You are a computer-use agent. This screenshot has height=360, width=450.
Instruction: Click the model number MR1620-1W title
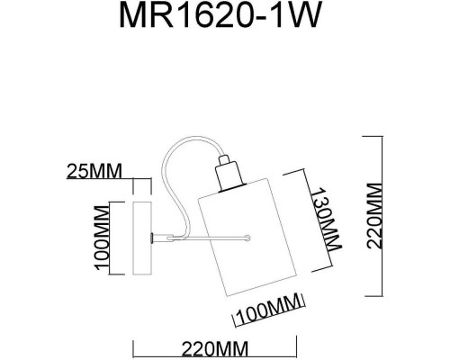[224, 21]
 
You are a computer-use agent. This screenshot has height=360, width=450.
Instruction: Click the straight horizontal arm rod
[202, 238]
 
